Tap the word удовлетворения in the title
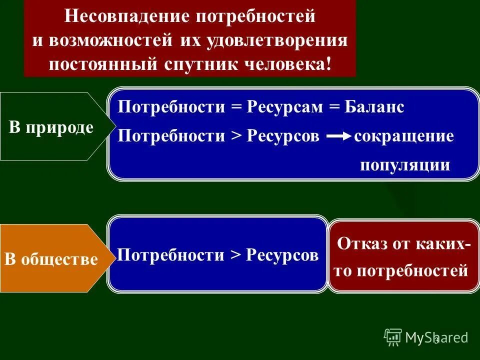pos(286,40)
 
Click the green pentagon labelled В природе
pos(50,127)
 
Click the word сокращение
pos(404,136)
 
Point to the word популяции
pos(405,165)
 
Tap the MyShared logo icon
pos(393,337)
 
